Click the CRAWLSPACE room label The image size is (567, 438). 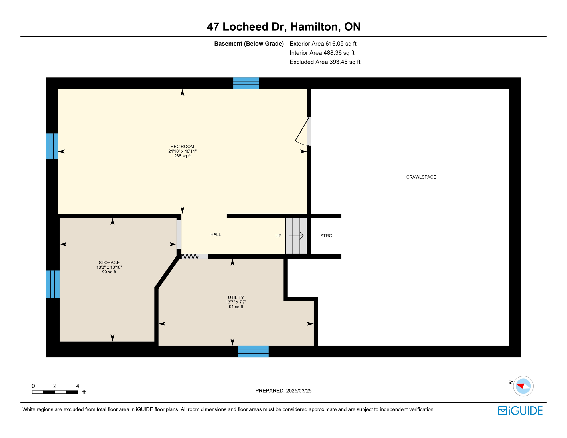pos(421,177)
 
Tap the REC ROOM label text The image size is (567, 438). pos(182,147)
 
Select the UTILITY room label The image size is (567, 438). pos(236,297)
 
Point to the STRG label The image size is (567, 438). pos(326,236)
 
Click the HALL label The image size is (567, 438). pos(216,234)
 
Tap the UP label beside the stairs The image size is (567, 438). pos(278,236)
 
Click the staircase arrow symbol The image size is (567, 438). pos(296,236)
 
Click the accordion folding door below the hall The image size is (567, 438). pos(190,256)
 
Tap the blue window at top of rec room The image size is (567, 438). pos(246,83)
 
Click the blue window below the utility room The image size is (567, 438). pos(253,351)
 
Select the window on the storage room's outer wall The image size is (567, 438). pos(53,284)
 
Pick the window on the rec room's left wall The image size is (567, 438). pos(52,146)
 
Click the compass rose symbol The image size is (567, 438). pos(523,386)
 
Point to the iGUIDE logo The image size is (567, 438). pos(520,411)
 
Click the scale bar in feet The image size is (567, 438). pos(55,392)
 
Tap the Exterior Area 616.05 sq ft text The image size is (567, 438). pos(323,44)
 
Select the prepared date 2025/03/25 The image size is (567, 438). pos(283,391)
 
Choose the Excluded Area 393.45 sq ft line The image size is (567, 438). pos(325,62)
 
